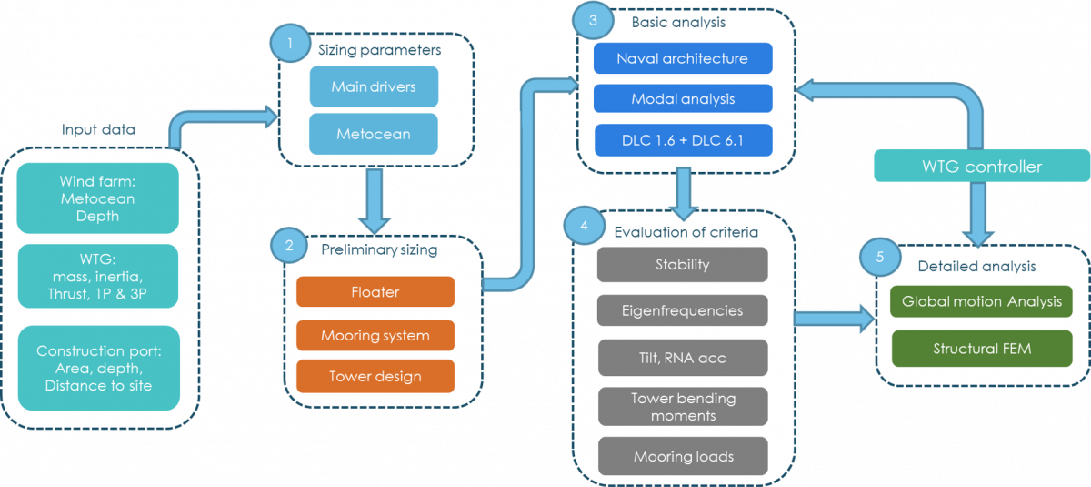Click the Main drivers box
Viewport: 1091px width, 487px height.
[x=374, y=87]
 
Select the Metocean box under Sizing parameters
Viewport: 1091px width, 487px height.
[x=374, y=134]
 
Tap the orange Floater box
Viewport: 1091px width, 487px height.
[x=375, y=292]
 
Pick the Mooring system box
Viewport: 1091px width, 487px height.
[x=375, y=336]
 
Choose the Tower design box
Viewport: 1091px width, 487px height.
[x=375, y=376]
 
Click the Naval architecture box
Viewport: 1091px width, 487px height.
[x=682, y=58]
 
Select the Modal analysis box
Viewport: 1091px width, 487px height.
[x=682, y=98]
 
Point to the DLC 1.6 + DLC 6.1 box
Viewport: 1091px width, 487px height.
[x=682, y=139]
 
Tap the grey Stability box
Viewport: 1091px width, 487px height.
[x=682, y=265]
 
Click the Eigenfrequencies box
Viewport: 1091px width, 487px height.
[x=682, y=310]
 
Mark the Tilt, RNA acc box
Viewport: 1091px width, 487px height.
[x=682, y=358]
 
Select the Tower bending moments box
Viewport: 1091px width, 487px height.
[x=682, y=407]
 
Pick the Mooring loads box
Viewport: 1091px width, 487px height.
[x=682, y=456]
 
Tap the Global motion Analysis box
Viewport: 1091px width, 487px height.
[x=981, y=301]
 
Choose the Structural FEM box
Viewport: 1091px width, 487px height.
[x=981, y=349]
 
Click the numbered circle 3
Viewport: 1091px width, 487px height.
[x=593, y=20]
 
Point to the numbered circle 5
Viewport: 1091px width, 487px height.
[x=879, y=258]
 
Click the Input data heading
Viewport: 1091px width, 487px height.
[x=98, y=130]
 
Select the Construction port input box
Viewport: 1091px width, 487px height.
[x=98, y=368]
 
